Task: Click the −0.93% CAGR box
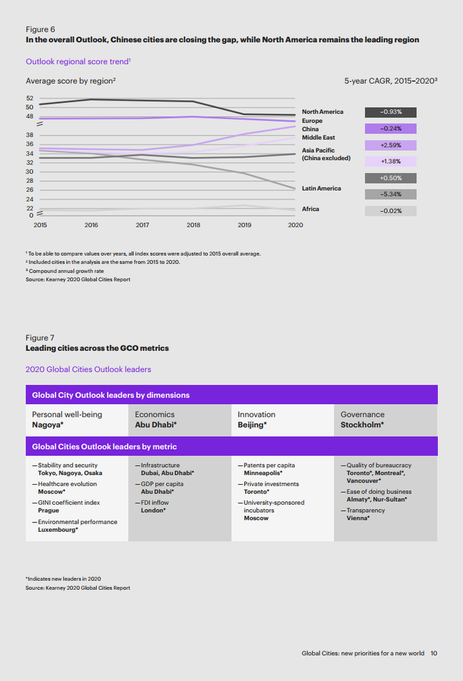pos(390,112)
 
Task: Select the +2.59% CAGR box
pos(390,145)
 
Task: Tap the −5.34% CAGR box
pos(390,194)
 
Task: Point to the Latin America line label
pos(321,188)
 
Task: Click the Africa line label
pos(310,209)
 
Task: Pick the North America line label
pos(323,112)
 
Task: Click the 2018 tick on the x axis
pos(193,225)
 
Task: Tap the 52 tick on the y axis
pos(30,98)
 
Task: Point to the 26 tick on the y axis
pos(30,190)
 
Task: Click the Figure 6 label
pos(40,29)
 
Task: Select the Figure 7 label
pos(40,338)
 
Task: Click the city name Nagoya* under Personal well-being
pos(48,425)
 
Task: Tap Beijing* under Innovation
pos(252,425)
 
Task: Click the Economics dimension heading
pos(155,414)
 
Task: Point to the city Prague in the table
pos(49,511)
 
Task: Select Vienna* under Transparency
pos(358,519)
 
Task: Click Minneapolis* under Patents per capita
pos(263,473)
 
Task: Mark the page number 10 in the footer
pos(434,653)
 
